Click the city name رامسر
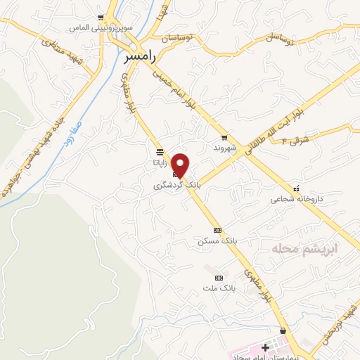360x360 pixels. coord(138,56)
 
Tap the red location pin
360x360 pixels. coord(181,165)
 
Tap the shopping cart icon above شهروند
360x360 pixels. coord(224,138)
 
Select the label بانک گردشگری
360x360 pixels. coord(178,186)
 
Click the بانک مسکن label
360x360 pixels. coord(217,240)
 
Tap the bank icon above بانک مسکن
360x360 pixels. coord(217,230)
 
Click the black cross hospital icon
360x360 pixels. coord(265,347)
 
